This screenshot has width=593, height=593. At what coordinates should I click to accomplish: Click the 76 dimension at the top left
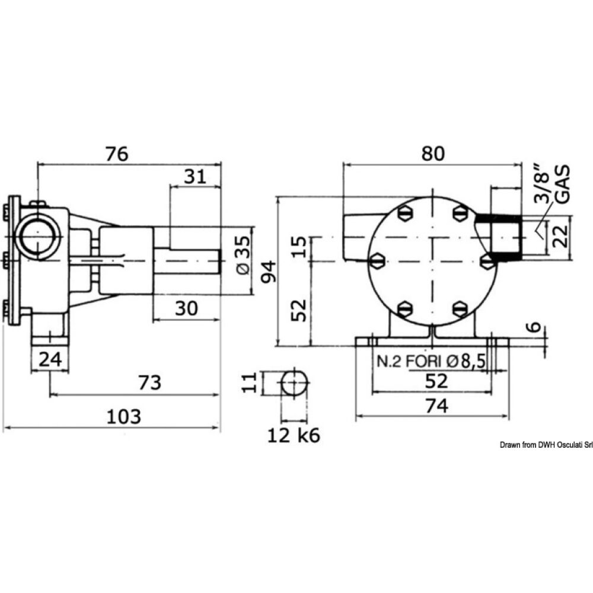117,154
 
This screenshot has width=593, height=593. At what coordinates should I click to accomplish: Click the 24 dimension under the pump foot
50,359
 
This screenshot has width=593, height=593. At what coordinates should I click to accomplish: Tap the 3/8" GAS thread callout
550,185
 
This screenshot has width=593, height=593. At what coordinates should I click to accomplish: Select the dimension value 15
301,247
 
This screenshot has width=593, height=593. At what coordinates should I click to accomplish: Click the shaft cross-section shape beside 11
295,383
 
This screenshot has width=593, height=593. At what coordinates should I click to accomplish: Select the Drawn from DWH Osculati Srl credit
546,445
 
